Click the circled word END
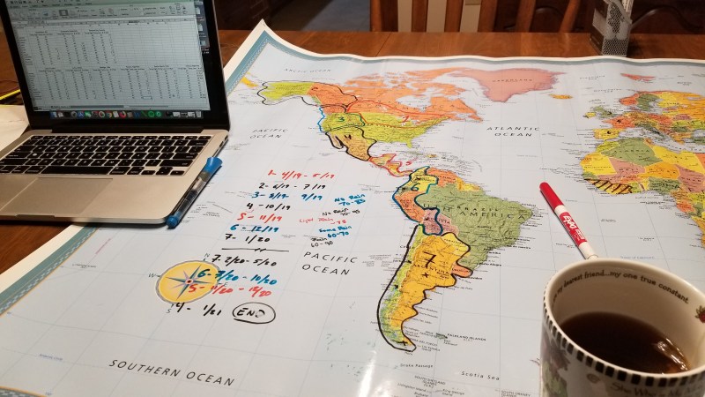pyautogui.click(x=252, y=312)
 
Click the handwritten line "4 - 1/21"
pyautogui.click(x=197, y=310)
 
